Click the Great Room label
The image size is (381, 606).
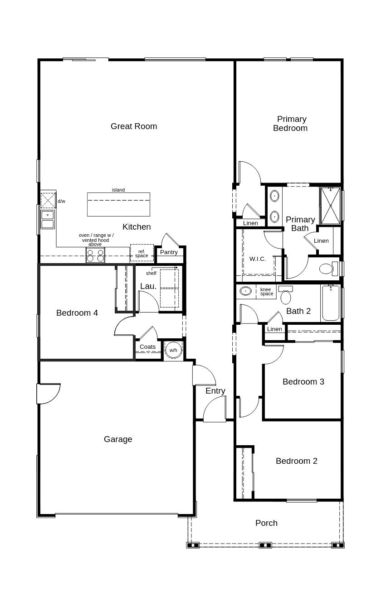click(x=134, y=126)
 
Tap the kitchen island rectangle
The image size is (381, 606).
click(x=118, y=205)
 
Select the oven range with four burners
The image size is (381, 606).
click(x=95, y=255)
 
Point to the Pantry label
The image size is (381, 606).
click(x=169, y=252)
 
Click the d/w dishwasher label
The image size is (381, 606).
click(x=61, y=201)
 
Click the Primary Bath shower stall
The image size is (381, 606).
click(x=330, y=206)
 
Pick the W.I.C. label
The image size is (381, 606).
click(x=258, y=259)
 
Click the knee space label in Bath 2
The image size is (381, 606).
click(x=266, y=292)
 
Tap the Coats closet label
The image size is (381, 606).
click(x=147, y=347)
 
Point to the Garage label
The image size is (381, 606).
click(x=118, y=439)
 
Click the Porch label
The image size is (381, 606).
click(x=266, y=523)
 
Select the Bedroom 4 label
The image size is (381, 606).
click(x=77, y=313)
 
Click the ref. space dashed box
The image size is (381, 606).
click(x=142, y=253)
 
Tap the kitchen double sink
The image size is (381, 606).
click(x=48, y=219)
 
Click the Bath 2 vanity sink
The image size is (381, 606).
click(x=246, y=291)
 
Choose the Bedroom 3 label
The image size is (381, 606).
click(x=303, y=382)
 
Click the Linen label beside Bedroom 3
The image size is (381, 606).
click(x=274, y=329)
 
